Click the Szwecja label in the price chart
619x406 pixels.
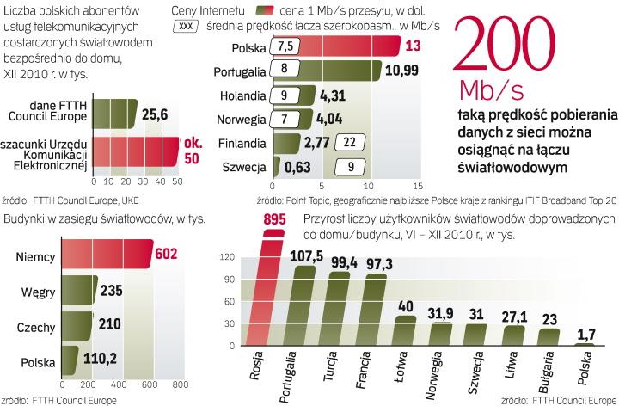(244, 167)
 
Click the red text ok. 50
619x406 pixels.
(193, 151)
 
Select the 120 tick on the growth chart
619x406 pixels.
(228, 257)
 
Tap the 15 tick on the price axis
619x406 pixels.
(418, 185)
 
